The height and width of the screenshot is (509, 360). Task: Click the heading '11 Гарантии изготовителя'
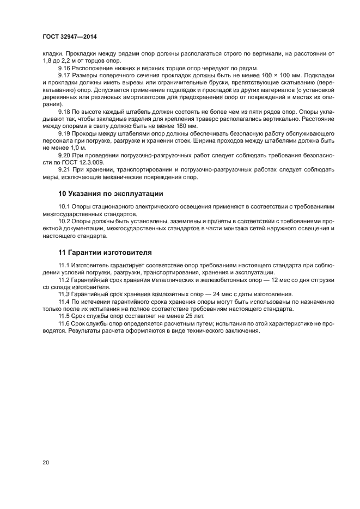pyautogui.click(x=105, y=252)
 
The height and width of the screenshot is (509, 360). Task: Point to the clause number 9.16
pyautogui.click(x=65, y=68)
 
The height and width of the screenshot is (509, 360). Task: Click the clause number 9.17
pyautogui.click(x=65, y=75)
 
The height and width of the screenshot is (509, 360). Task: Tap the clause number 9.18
pyautogui.click(x=65, y=111)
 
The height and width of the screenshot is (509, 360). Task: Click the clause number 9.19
pyautogui.click(x=65, y=132)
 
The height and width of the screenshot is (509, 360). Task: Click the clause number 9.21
pyautogui.click(x=65, y=168)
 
